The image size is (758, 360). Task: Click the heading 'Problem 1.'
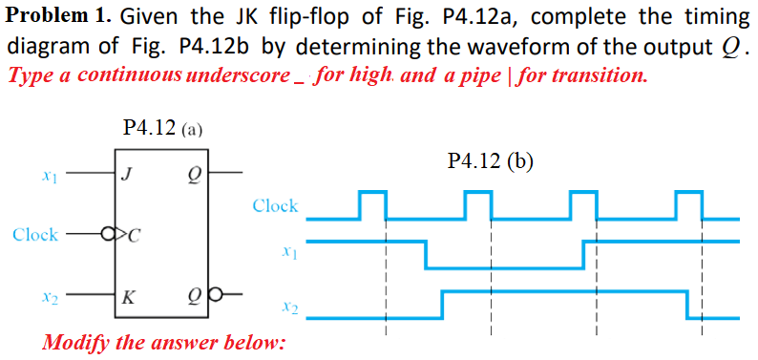[x=58, y=16]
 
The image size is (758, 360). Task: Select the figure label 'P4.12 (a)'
[x=161, y=127]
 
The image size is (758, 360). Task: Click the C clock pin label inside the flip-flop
[x=134, y=235]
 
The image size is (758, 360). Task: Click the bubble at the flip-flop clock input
[x=108, y=235]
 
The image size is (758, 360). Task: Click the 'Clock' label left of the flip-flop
[x=35, y=235]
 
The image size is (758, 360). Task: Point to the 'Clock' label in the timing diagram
[x=275, y=205]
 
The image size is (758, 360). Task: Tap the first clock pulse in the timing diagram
[x=372, y=203]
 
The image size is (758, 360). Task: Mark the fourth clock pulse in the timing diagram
[x=688, y=203]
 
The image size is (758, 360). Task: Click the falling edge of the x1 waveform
[x=427, y=255]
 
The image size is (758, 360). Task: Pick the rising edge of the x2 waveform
[x=442, y=304]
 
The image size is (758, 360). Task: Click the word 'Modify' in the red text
[x=76, y=341]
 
